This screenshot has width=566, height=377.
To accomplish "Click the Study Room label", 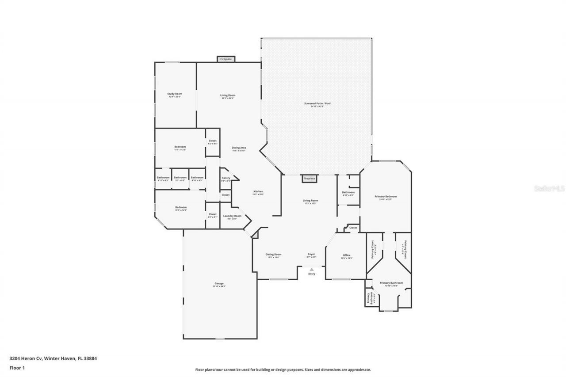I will (x=175, y=94).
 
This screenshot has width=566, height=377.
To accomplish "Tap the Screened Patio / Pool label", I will (x=317, y=103).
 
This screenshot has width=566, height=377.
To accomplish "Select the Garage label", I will (x=219, y=284).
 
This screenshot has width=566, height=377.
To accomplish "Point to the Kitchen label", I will (x=258, y=192).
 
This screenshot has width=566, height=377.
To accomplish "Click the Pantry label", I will (x=226, y=178).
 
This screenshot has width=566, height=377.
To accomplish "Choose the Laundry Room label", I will (x=232, y=216).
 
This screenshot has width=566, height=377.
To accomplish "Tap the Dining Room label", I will (x=273, y=255).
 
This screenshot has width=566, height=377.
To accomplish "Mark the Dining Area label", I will (x=239, y=148).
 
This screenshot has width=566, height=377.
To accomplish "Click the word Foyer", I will (x=311, y=255).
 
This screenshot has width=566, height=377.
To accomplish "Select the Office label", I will (x=347, y=255).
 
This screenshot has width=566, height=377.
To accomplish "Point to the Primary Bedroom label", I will (x=386, y=197).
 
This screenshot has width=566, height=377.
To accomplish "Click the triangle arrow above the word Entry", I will (x=312, y=269).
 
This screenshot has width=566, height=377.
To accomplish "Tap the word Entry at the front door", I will (x=312, y=274).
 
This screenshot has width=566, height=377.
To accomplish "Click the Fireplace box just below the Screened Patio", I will (x=309, y=179).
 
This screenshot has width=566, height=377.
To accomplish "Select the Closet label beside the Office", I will (x=353, y=228).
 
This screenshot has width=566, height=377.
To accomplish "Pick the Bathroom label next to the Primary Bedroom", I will (x=348, y=192).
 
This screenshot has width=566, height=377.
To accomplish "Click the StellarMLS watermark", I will (x=549, y=188).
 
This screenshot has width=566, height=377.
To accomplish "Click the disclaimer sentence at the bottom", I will (x=283, y=369).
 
